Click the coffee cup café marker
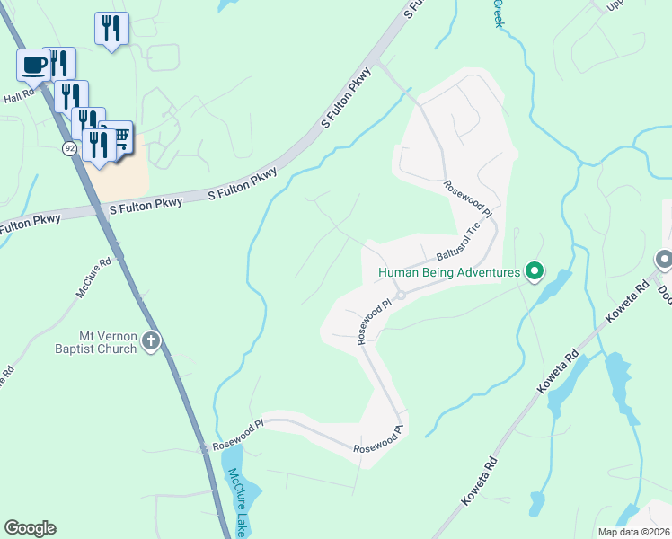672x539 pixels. [x=34, y=66]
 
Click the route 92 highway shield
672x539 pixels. [x=69, y=148]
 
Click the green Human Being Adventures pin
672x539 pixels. [x=535, y=270]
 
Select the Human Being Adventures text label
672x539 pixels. [x=449, y=272]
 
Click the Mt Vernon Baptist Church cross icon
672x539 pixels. [x=150, y=341]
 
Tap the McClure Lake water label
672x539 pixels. [x=237, y=502]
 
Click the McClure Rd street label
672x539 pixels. [x=93, y=278]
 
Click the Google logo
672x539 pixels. [x=30, y=527]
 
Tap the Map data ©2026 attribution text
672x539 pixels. [x=632, y=532]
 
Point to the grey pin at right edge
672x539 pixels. [x=665, y=261]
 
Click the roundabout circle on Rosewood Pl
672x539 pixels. [x=402, y=295]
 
